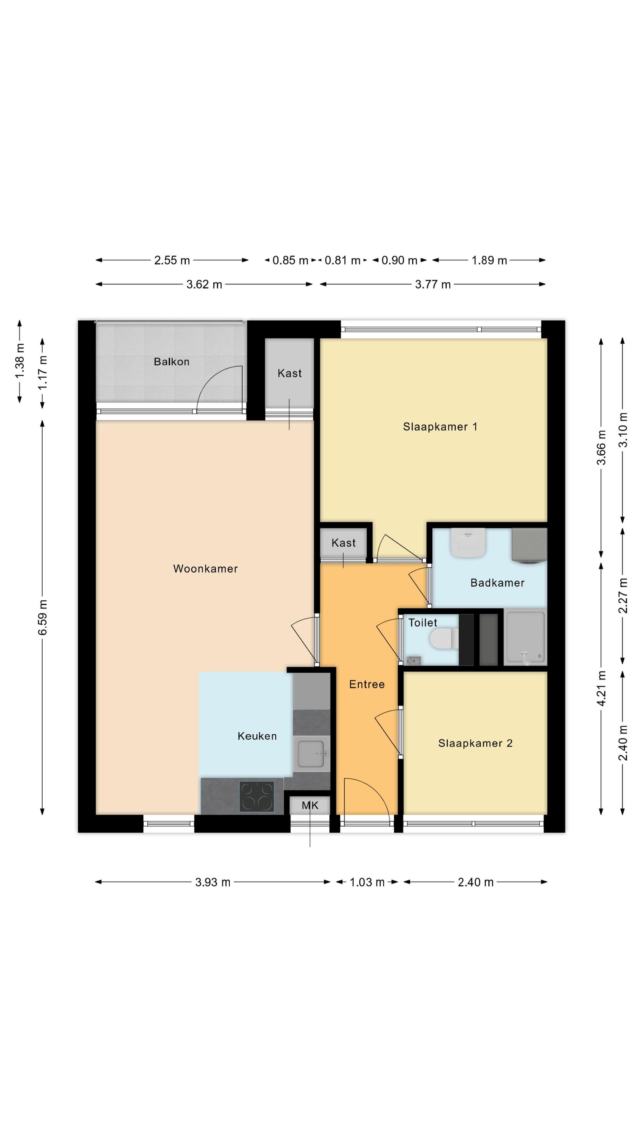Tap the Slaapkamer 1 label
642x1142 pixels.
coord(440,427)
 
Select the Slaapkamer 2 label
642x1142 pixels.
coord(475,743)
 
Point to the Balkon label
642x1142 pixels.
coord(172,362)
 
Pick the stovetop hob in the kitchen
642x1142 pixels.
coord(257,797)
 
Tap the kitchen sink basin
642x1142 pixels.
coord(311,754)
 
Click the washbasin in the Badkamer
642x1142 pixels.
coord(468,542)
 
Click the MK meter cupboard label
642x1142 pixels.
coord(310,805)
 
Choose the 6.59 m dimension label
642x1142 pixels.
coord(43,617)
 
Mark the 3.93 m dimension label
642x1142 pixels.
coord(213,882)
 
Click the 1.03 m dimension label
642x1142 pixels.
coord(367,882)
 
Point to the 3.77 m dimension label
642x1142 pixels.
coord(432,285)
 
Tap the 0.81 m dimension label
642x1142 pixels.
coord(342,260)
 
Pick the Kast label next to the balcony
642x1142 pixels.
coord(289,373)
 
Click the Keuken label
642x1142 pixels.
coord(257,736)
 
